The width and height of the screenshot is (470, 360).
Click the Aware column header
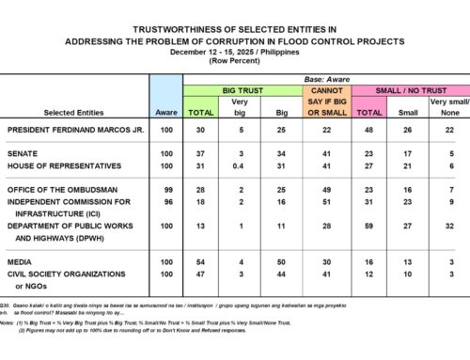click(x=164, y=112)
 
